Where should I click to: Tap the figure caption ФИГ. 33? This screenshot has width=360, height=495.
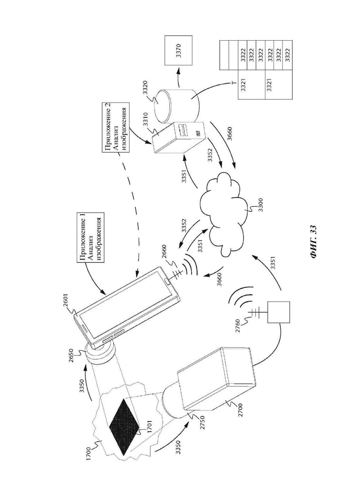(313, 241)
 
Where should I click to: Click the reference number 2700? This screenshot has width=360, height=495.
(242, 411)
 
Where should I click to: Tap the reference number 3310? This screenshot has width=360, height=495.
(146, 126)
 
